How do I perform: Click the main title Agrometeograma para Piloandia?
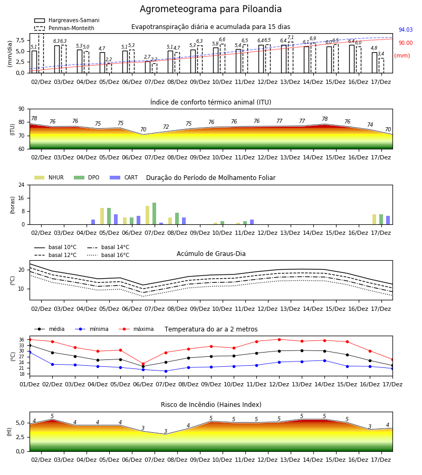(x=210, y=9)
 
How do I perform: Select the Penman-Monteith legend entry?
(x=64, y=28)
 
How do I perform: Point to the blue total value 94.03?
(x=406, y=30)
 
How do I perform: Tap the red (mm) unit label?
(x=402, y=56)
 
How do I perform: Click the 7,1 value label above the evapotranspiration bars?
(x=291, y=37)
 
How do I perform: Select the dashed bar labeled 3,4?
(x=381, y=65)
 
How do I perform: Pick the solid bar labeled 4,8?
(x=375, y=63)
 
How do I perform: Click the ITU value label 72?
(x=166, y=127)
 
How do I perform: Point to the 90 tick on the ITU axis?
(x=22, y=109)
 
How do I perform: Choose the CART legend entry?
(x=124, y=177)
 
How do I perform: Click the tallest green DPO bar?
(x=155, y=214)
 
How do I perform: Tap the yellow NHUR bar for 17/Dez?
(x=374, y=220)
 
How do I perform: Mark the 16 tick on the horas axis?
(x=22, y=198)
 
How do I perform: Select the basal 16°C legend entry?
(x=108, y=255)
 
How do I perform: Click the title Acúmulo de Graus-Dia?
(x=211, y=254)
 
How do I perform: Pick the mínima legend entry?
(x=92, y=329)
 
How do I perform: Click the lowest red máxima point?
(x=143, y=364)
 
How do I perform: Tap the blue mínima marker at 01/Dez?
(x=30, y=353)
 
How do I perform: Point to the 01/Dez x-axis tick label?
(x=30, y=384)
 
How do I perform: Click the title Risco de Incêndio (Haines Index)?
(x=211, y=405)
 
